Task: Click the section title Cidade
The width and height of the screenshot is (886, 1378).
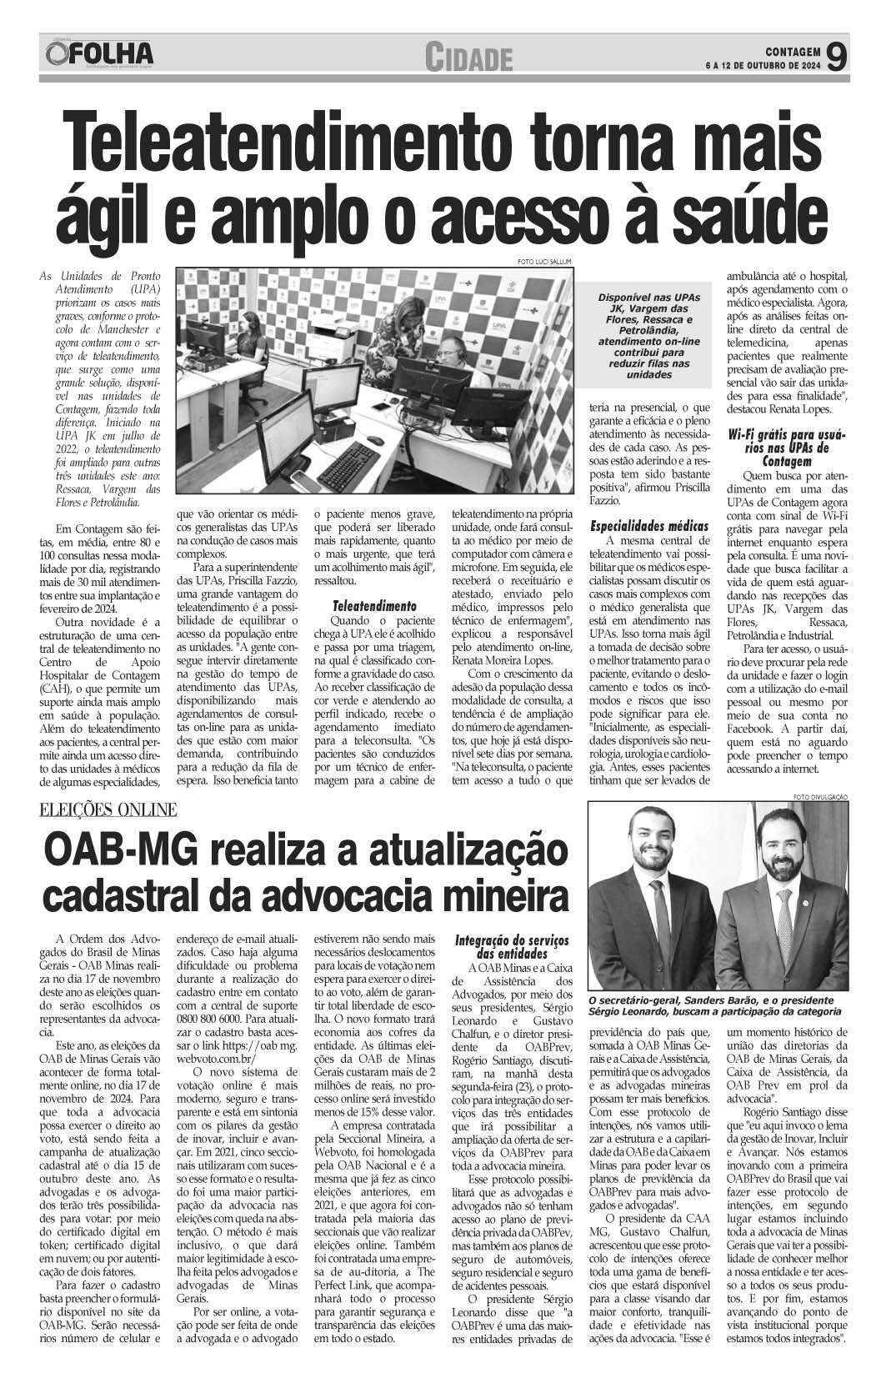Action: (466, 58)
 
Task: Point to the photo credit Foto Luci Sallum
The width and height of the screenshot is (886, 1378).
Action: (547, 262)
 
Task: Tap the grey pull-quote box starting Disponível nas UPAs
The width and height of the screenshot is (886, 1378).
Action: (650, 336)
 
